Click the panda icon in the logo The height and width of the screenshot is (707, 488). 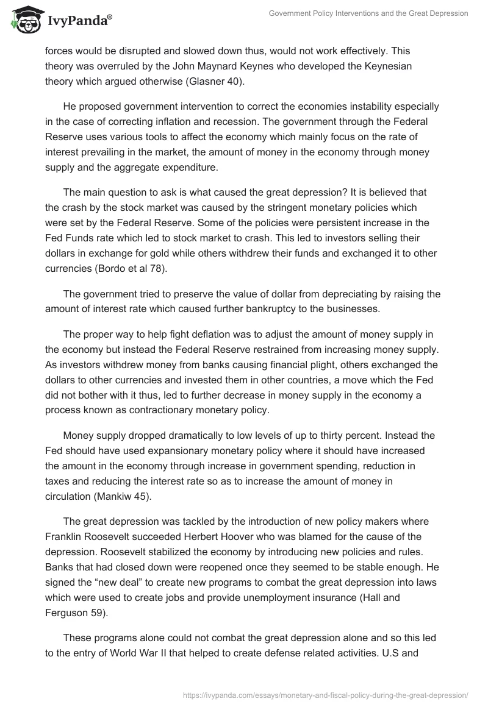pyautogui.click(x=24, y=20)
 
